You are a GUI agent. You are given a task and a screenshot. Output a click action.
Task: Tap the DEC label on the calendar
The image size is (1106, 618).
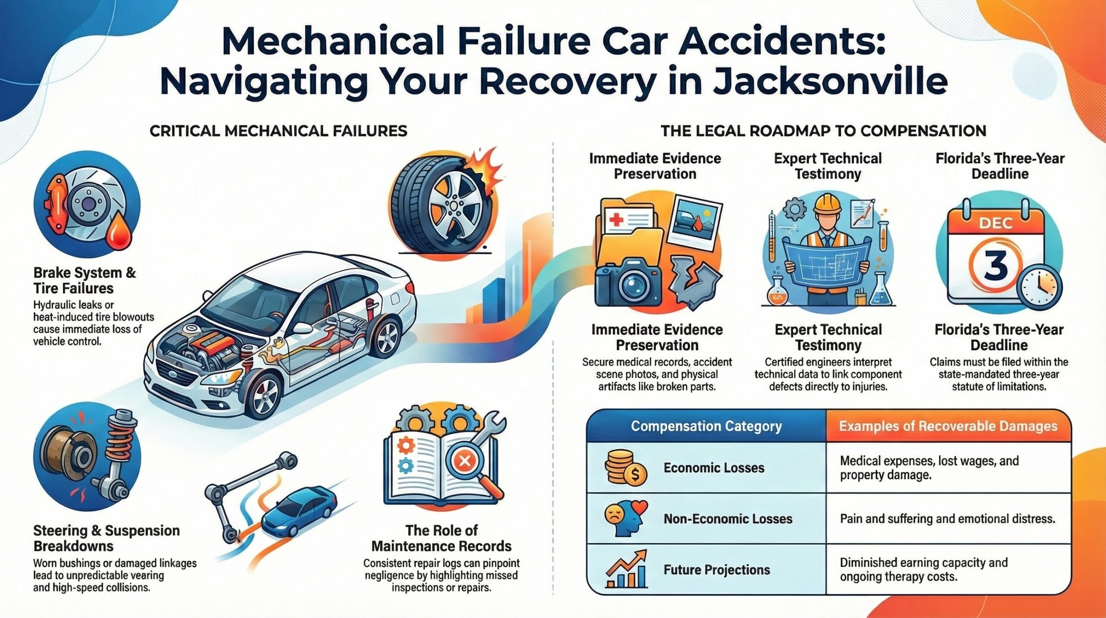pyautogui.click(x=996, y=223)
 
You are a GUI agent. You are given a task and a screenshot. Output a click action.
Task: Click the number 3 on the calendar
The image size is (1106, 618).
pyautogui.click(x=996, y=264)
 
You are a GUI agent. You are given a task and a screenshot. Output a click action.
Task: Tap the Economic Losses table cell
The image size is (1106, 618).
pyautogui.click(x=714, y=468)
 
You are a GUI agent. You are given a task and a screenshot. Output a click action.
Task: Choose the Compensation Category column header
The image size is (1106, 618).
pyautogui.click(x=706, y=426)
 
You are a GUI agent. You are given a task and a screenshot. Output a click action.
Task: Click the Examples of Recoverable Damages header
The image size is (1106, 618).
pyautogui.click(x=948, y=426)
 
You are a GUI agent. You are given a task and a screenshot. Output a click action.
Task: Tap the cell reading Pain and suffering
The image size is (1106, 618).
pyautogui.click(x=947, y=519)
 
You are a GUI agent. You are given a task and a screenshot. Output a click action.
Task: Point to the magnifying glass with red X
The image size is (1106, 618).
pyautogui.click(x=471, y=467)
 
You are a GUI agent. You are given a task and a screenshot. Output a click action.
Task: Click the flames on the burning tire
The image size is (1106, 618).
pyautogui.click(x=486, y=171)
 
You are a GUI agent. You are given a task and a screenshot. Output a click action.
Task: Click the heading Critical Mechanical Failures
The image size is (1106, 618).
pyautogui.click(x=278, y=131)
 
